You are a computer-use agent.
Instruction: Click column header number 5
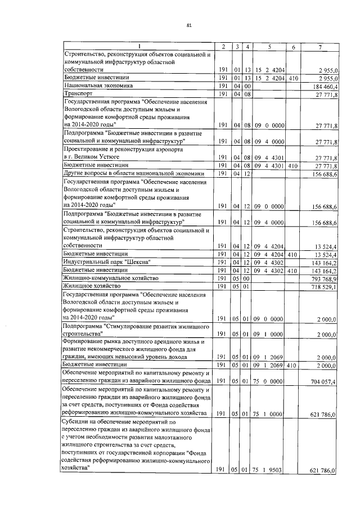coord(269,46)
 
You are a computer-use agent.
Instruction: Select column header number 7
coord(320,46)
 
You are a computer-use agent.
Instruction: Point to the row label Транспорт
coord(79,94)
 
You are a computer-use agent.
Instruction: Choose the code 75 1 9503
coord(269,469)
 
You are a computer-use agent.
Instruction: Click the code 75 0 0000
coord(269,381)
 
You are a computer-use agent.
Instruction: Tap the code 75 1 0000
coord(269,413)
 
